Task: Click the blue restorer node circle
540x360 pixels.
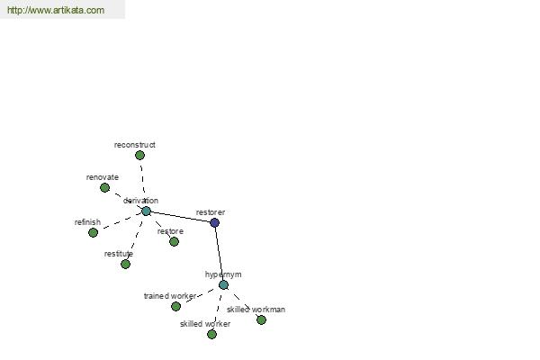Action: click(214, 222)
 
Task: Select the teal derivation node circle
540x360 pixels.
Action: click(147, 211)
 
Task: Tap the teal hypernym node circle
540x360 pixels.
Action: click(223, 285)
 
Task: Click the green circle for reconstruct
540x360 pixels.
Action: click(139, 156)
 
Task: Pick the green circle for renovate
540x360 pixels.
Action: click(104, 188)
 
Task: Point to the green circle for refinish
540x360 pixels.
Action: click(93, 233)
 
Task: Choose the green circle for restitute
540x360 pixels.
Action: click(125, 265)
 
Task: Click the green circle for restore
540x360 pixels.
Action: click(174, 242)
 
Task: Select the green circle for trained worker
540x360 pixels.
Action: click(176, 306)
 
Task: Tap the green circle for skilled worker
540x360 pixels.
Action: click(211, 334)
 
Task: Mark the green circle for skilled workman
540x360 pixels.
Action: click(261, 320)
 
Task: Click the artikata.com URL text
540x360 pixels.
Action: click(56, 10)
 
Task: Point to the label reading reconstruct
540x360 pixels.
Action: click(135, 145)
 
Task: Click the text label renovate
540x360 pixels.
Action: click(103, 177)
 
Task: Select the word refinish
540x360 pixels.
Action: click(87, 222)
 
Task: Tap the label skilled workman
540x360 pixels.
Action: click(256, 310)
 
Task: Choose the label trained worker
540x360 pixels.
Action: click(170, 296)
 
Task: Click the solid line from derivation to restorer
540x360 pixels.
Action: click(181, 217)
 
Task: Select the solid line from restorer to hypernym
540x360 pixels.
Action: click(219, 254)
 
